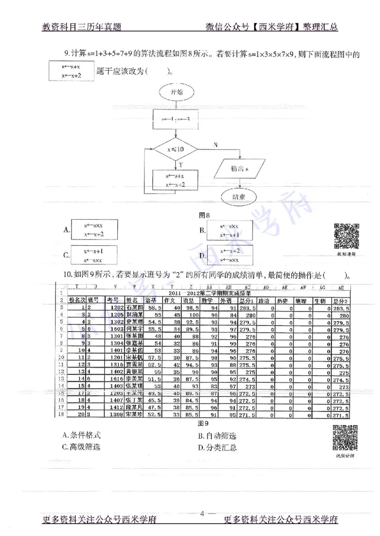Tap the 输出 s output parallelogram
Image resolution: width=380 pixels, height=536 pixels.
tap(241, 168)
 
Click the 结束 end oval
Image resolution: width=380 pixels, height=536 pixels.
tap(238, 197)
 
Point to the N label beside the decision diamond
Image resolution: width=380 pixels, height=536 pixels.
tap(216, 144)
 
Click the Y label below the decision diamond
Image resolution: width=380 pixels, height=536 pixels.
tap(180, 164)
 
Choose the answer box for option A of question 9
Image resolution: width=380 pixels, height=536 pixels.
tap(94, 230)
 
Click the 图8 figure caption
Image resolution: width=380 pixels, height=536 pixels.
tap(204, 215)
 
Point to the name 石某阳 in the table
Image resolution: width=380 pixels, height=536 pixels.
tap(133, 307)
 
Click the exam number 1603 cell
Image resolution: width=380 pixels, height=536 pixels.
tap(114, 329)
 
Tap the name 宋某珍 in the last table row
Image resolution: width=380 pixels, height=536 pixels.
tap(133, 415)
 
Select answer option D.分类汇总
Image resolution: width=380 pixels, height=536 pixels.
tap(218, 447)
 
